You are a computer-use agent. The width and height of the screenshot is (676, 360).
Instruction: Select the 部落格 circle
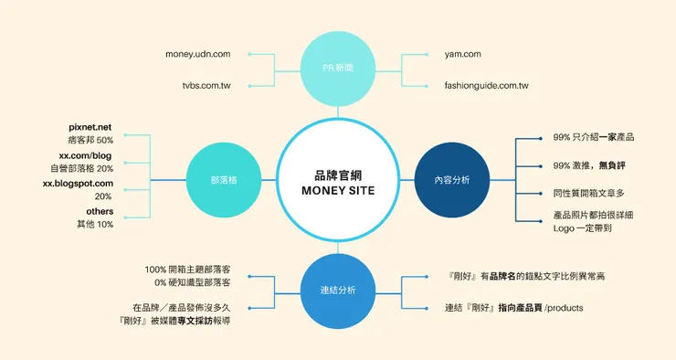tap(222, 179)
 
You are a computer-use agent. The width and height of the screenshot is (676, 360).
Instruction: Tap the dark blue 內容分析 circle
tap(452, 179)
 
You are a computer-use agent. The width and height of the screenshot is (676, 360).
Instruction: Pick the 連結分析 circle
tap(338, 291)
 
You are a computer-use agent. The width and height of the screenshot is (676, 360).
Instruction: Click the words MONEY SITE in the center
tap(338, 190)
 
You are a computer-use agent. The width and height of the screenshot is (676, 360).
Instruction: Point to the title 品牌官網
tap(338, 173)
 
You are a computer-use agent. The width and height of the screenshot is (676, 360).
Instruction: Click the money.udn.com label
tap(198, 54)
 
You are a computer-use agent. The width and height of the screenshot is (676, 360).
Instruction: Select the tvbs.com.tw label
tap(206, 86)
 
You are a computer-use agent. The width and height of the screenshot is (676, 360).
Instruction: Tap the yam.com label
tap(462, 54)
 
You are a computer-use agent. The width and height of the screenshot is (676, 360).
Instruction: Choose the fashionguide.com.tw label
tap(486, 86)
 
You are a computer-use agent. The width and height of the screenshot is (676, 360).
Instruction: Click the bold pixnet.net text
tap(90, 127)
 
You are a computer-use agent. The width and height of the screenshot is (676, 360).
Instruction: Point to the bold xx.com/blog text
tap(86, 155)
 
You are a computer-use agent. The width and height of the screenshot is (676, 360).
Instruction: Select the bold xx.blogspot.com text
tap(78, 184)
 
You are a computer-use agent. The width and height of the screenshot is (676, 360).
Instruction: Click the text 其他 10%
tap(95, 224)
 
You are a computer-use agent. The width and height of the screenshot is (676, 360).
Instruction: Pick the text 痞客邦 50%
tap(90, 140)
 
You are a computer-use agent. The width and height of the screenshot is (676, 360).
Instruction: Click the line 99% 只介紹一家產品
tap(594, 137)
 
